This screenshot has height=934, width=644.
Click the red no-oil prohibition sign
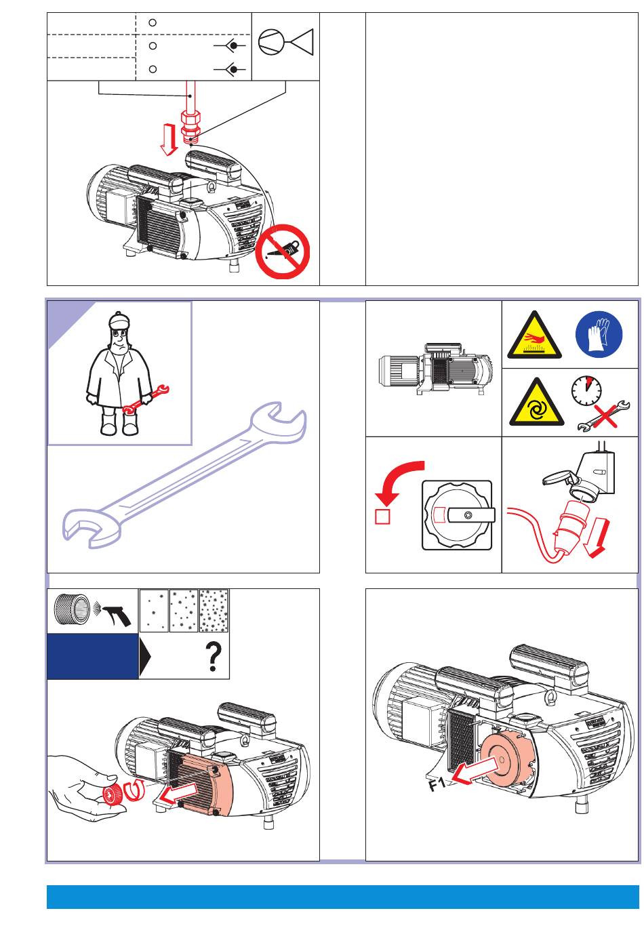[283, 251]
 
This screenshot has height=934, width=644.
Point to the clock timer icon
[586, 390]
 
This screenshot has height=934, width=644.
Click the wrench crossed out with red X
[599, 415]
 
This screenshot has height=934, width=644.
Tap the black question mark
[214, 657]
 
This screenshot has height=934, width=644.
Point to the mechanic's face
[118, 336]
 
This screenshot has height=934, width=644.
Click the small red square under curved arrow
[382, 517]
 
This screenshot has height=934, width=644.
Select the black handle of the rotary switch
[473, 516]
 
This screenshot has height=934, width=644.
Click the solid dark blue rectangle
[92, 656]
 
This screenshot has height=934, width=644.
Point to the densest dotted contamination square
[214, 611]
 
